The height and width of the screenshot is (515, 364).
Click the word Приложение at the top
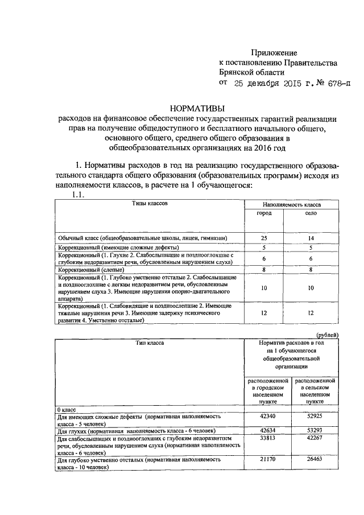pyautogui.click(x=274, y=52)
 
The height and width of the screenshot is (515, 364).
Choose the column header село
pyautogui.click(x=311, y=213)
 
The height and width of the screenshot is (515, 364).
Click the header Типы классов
pyautogui.click(x=150, y=203)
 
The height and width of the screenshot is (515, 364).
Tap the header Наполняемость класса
pyautogui.click(x=291, y=203)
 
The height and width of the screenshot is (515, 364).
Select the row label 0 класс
pyautogui.click(x=68, y=410)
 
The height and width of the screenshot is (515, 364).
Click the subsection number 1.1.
pyautogui.click(x=77, y=195)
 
